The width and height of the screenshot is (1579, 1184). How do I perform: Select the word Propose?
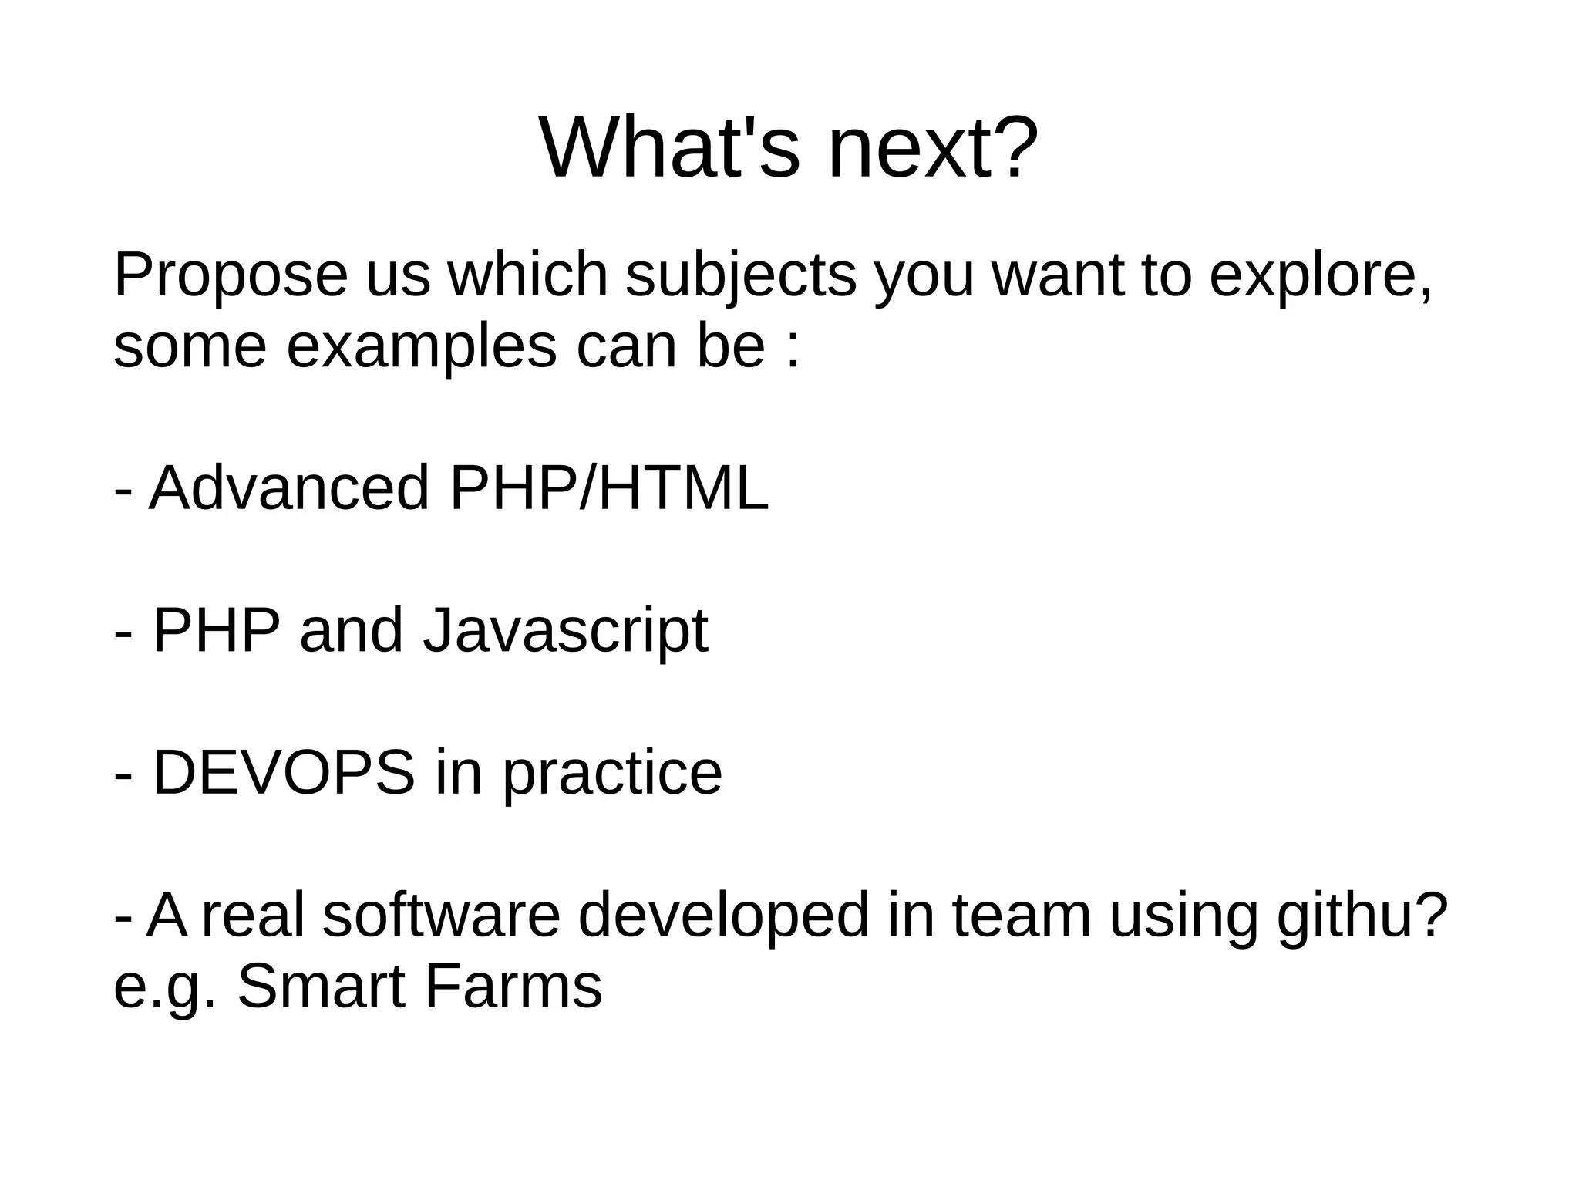coord(231,276)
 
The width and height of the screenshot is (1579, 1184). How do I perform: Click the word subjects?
coord(740,276)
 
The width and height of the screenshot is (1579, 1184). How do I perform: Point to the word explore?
coord(1321,276)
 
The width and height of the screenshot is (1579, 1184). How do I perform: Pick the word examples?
coord(421,347)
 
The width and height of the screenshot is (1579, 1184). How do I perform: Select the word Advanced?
coord(288,488)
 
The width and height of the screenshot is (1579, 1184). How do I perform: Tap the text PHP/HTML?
coord(608,488)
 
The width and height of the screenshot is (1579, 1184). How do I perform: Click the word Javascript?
coord(565,631)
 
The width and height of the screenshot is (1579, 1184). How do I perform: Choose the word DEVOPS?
coord(284,773)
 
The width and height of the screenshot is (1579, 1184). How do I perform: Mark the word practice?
coord(613,774)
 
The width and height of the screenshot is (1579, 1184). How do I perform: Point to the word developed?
coord(723,916)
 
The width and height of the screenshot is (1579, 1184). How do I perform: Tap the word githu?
coord(1362,916)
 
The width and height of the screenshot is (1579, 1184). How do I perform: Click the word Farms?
coord(513,987)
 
